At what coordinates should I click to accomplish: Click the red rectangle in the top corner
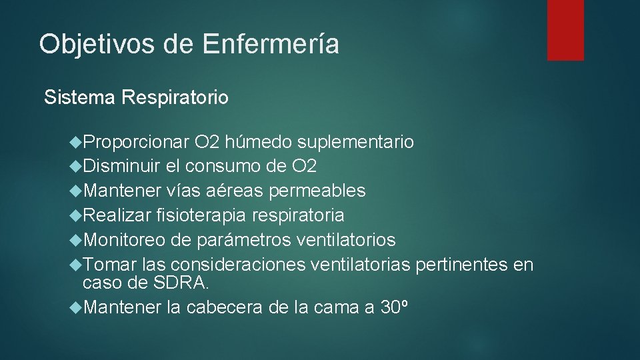pyautogui.click(x=565, y=30)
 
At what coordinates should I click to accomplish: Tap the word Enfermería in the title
pyautogui.click(x=271, y=44)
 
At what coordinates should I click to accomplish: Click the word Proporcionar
pyautogui.click(x=137, y=142)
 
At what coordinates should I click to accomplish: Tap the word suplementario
pyautogui.click(x=355, y=142)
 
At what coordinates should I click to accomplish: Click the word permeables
pyautogui.click(x=317, y=191)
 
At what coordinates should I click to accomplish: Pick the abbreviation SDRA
pyautogui.click(x=181, y=283)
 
